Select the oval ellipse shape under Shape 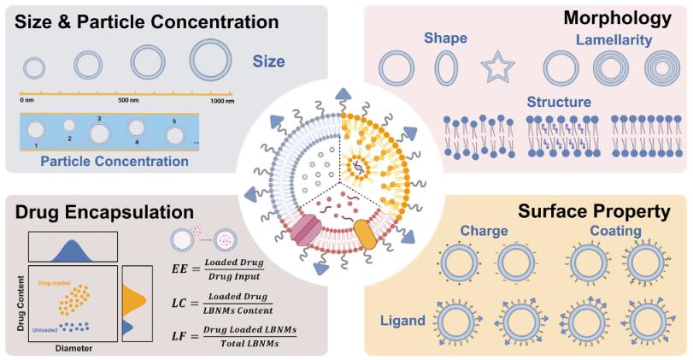[445, 66]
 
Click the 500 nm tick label [129, 100]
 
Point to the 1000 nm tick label [222, 100]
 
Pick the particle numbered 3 [99, 134]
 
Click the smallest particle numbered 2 [69, 127]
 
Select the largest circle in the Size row [211, 62]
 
